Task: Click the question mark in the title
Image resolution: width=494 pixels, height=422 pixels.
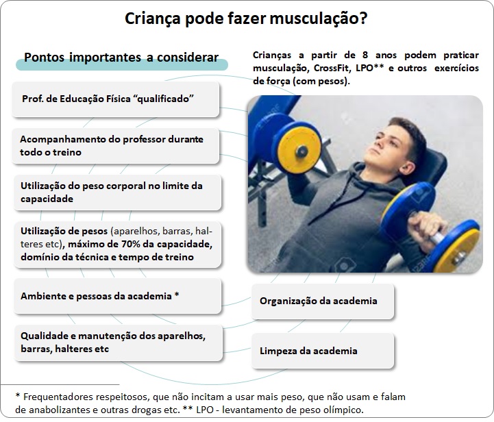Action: coord(363,18)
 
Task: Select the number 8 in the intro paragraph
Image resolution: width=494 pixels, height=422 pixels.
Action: coord(365,55)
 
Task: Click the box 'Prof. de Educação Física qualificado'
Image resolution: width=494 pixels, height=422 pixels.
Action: coord(115,99)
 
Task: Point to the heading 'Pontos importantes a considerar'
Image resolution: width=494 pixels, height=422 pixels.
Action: coord(121,58)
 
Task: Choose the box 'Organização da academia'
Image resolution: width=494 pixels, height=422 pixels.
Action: coord(323,301)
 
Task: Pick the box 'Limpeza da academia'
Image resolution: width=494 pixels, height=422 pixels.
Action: coord(323,351)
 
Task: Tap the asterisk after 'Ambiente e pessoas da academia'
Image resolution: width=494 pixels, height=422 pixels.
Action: coord(177,295)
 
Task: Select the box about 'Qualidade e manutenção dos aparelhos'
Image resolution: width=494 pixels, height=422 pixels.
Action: coord(119,343)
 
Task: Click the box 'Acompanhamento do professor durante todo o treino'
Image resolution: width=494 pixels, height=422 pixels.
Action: coord(115,146)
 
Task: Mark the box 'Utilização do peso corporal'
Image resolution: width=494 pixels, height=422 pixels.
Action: coord(118,193)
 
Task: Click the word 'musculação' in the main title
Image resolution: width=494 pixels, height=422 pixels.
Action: coord(314,18)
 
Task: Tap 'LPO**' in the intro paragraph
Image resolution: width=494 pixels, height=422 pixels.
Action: coord(369,68)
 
